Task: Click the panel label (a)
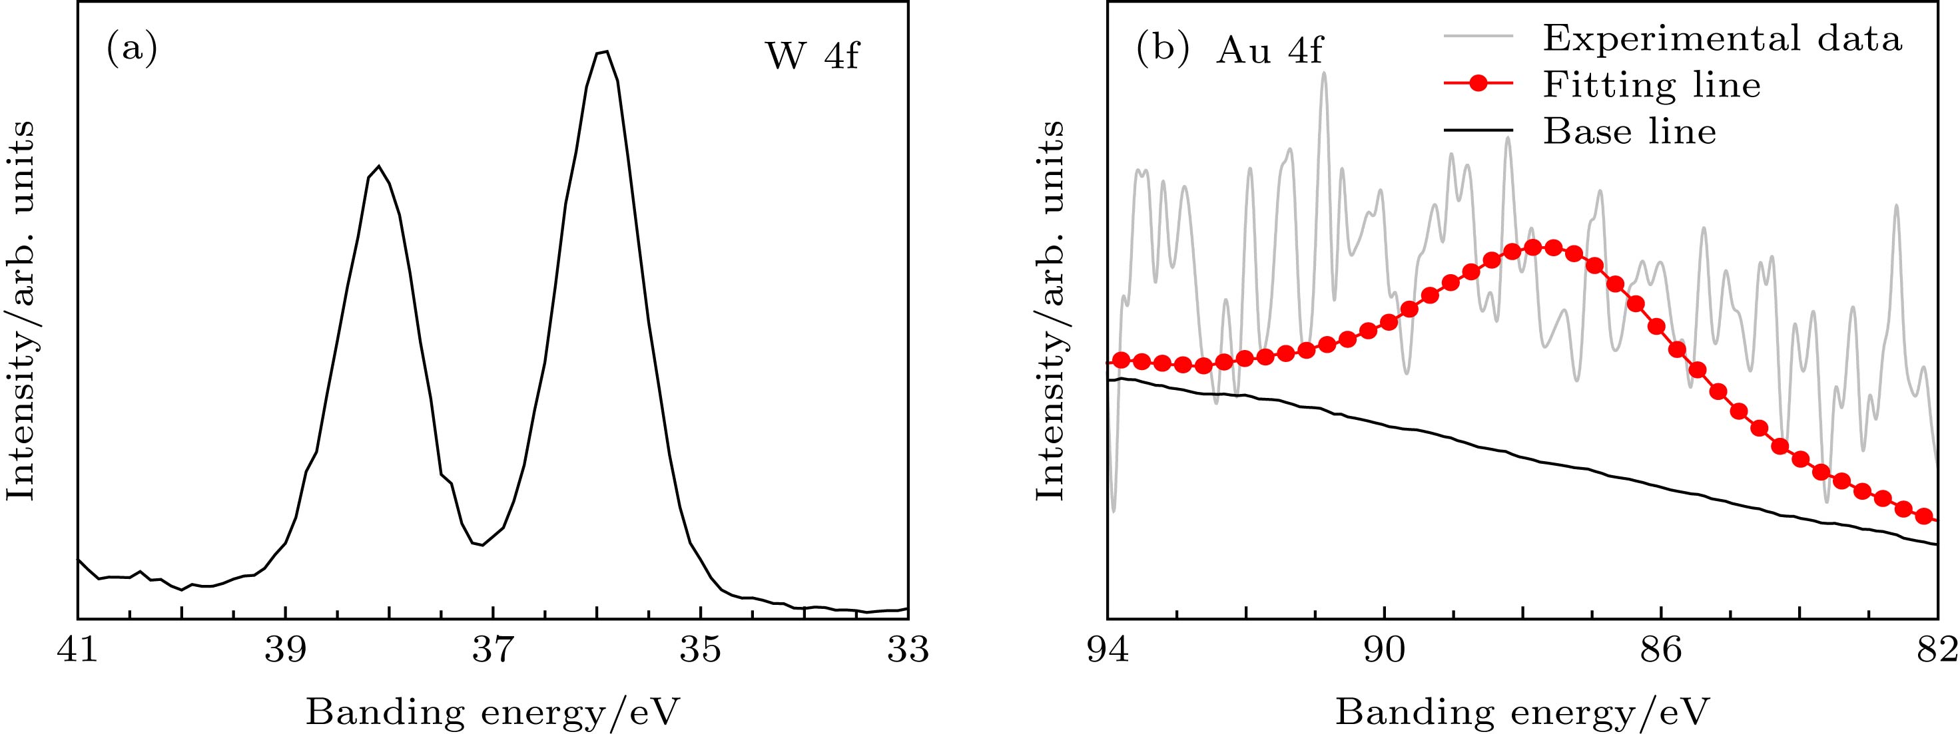point(132,50)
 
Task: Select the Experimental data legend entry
point(1722,38)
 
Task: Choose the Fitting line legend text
point(1651,85)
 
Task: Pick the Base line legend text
point(1629,132)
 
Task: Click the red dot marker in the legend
point(1478,85)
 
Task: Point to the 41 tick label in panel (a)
point(78,652)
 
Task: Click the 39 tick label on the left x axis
point(285,652)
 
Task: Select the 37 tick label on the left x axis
point(493,652)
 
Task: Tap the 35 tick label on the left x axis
point(701,652)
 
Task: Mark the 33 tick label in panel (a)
point(908,652)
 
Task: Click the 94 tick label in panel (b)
point(1108,652)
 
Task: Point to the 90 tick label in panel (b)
point(1384,652)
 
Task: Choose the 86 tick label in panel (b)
point(1661,652)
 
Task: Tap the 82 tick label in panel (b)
point(1937,652)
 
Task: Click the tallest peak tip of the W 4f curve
point(602,52)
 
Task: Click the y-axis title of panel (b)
point(1050,310)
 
